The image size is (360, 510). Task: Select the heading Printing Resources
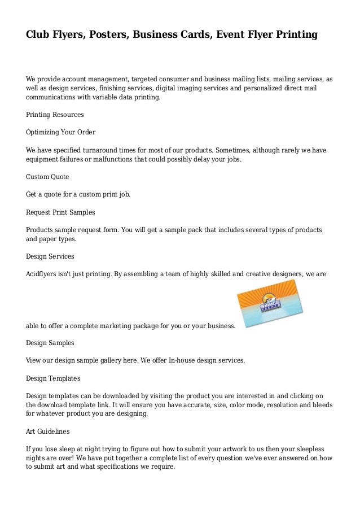[x=55, y=115]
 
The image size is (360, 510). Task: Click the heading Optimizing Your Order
[x=61, y=132]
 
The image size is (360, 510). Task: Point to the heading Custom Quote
[x=47, y=177]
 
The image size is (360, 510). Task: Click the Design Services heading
[x=50, y=256]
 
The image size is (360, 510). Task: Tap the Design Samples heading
[x=50, y=343]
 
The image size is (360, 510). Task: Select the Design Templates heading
[x=53, y=378]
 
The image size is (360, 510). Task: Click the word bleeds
[x=319, y=404]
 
